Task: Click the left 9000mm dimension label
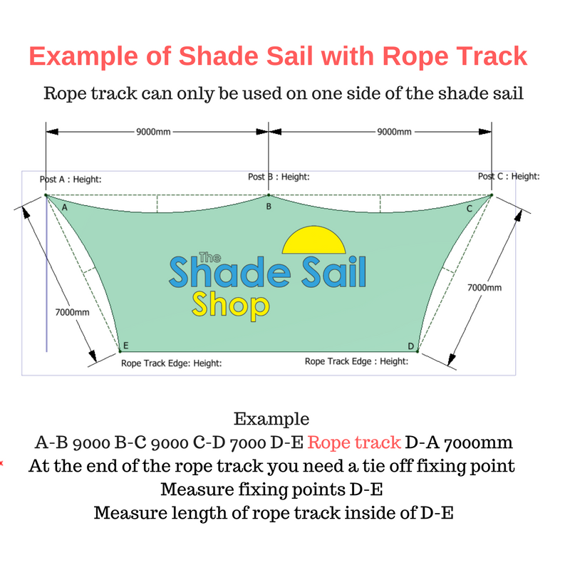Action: click(x=153, y=132)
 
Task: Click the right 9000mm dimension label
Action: click(x=395, y=132)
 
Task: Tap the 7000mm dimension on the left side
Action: click(x=73, y=312)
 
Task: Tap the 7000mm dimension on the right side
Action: click(x=484, y=288)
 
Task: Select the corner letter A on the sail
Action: click(x=65, y=207)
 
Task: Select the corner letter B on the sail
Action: click(x=269, y=207)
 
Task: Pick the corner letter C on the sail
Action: click(x=470, y=209)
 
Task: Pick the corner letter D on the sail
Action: click(x=411, y=346)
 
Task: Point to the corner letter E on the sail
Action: click(x=126, y=346)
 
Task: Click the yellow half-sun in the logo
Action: click(x=313, y=240)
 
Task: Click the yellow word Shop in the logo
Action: click(x=230, y=306)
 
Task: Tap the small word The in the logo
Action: click(x=210, y=257)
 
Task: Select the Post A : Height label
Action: click(x=71, y=180)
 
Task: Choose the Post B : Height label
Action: click(x=279, y=177)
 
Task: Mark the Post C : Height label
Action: click(x=509, y=176)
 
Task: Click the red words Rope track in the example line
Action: click(x=354, y=442)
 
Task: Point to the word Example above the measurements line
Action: click(x=271, y=419)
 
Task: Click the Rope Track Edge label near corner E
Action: click(x=172, y=363)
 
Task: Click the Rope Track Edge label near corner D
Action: click(x=357, y=361)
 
